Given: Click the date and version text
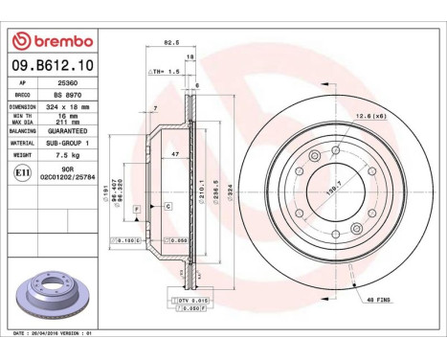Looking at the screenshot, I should pos(50,332).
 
